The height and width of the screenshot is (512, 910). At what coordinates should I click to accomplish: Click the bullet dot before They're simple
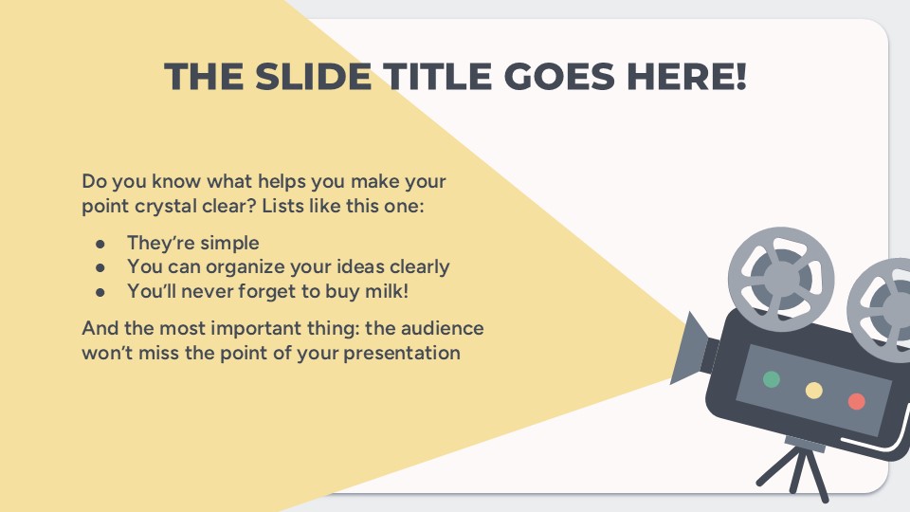(100, 244)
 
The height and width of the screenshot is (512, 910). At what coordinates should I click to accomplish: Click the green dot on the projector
(772, 379)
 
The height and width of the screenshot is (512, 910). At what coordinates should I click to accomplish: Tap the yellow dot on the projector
(813, 390)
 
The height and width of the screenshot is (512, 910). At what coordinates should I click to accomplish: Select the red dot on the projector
(857, 401)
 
